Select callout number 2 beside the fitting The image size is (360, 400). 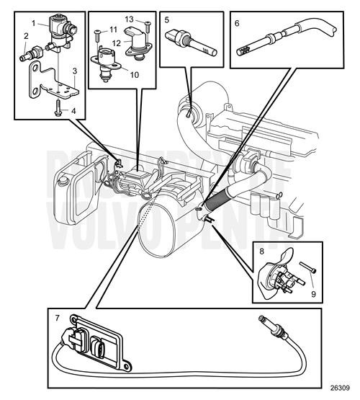pyautogui.click(x=27, y=35)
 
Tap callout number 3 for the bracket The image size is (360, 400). pyautogui.click(x=73, y=71)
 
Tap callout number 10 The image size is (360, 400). pyautogui.click(x=134, y=74)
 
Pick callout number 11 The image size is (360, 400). pyautogui.click(x=113, y=29)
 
